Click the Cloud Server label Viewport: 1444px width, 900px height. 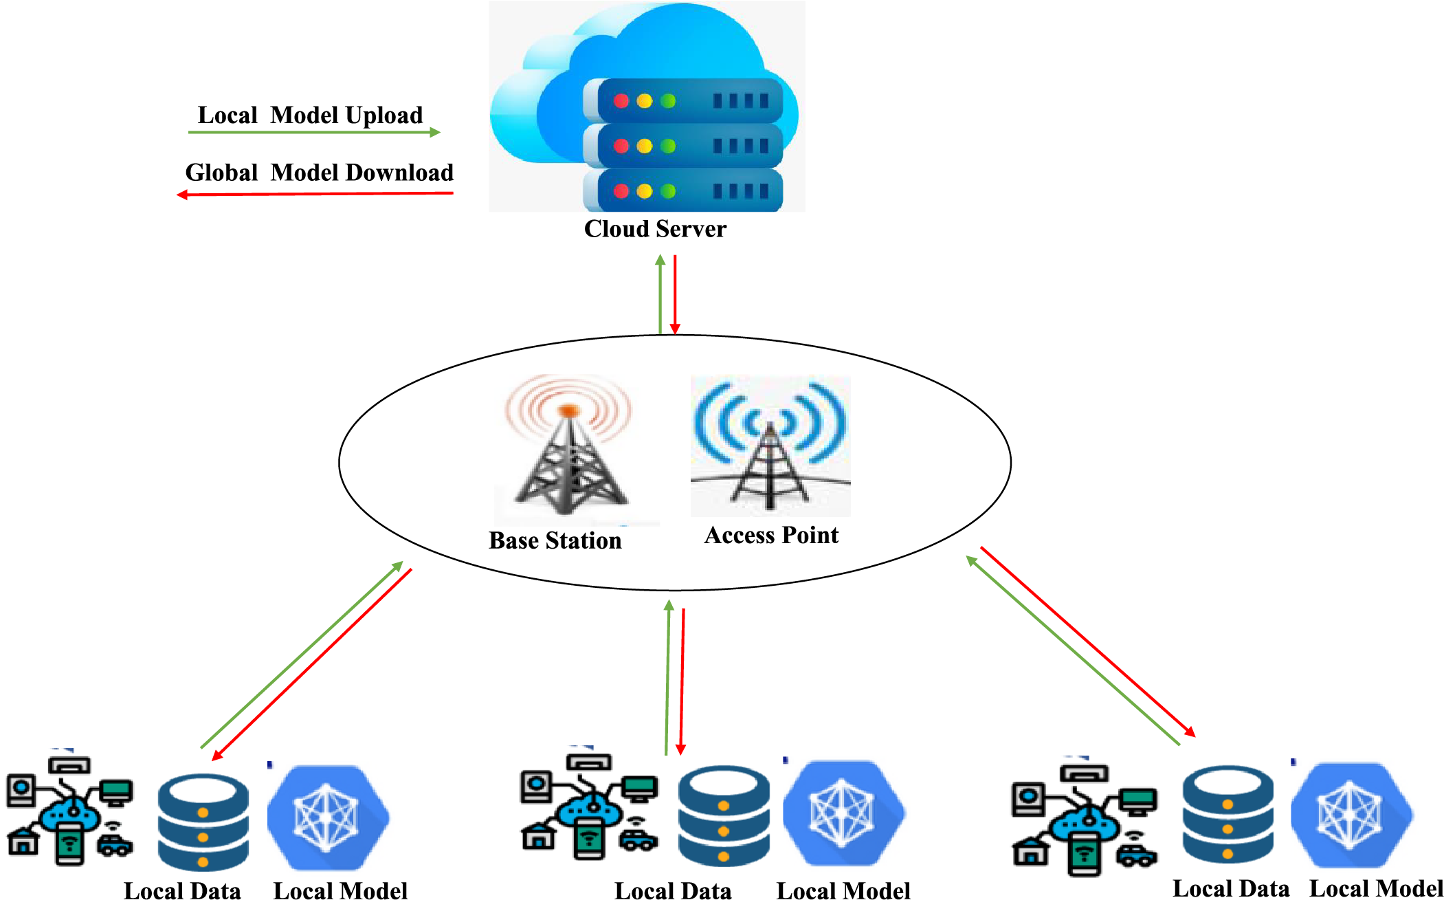pyautogui.click(x=655, y=229)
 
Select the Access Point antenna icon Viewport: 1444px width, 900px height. pyautogui.click(x=770, y=446)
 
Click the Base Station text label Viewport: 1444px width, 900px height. pyautogui.click(x=555, y=540)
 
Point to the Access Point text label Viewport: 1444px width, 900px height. pyautogui.click(x=771, y=535)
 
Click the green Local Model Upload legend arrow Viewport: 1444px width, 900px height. pyautogui.click(x=314, y=132)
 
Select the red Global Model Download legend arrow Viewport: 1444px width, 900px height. pyautogui.click(x=315, y=195)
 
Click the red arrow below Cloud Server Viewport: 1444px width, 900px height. pyautogui.click(x=675, y=295)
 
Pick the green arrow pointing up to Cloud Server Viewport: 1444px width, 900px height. pyautogui.click(x=660, y=294)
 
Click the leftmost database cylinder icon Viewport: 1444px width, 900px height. pyautogui.click(x=203, y=822)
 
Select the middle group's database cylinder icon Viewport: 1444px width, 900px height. pyautogui.click(x=724, y=816)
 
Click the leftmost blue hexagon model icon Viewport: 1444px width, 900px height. pyautogui.click(x=329, y=818)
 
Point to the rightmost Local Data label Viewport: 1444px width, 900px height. pyautogui.click(x=1231, y=888)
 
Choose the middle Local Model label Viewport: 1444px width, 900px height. pyautogui.click(x=843, y=890)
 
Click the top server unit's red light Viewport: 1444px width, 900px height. pyautogui.click(x=621, y=101)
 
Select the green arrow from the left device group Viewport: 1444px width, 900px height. pyautogui.click(x=302, y=655)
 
